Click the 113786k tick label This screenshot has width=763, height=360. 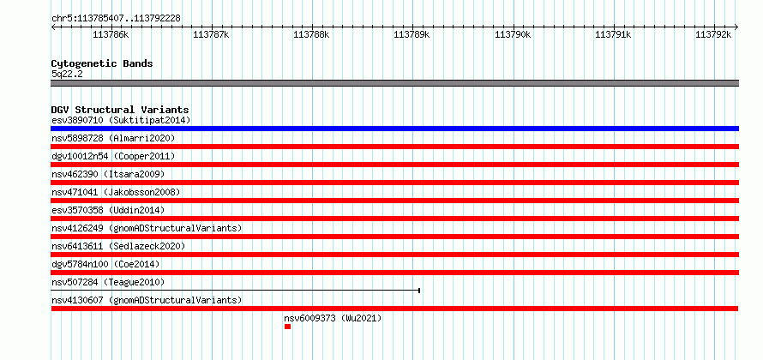[x=111, y=34]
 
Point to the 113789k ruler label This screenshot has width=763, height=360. [x=412, y=34]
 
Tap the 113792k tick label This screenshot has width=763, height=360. [x=713, y=34]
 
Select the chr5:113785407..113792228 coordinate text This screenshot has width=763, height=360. [x=116, y=19]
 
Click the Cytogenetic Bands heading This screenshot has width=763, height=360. [x=102, y=63]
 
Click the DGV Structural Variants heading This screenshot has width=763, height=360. [x=120, y=110]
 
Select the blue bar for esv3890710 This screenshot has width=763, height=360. [x=394, y=129]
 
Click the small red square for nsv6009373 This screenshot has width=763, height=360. [x=287, y=327]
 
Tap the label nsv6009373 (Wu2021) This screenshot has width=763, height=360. [x=333, y=319]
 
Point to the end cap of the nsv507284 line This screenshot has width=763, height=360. [x=419, y=291]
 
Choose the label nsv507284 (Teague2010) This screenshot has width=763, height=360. [x=108, y=282]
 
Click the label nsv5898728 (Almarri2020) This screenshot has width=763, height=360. [x=113, y=138]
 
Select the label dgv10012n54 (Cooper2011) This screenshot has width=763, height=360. [x=113, y=156]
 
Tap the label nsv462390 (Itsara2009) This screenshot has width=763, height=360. [x=108, y=174]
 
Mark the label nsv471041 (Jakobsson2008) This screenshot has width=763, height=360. [x=116, y=192]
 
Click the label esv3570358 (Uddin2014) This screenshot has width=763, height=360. [x=108, y=210]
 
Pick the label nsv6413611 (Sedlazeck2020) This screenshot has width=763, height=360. [x=118, y=246]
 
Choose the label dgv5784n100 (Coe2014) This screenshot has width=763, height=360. [x=105, y=264]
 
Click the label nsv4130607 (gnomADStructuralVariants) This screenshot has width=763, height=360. [x=147, y=300]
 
